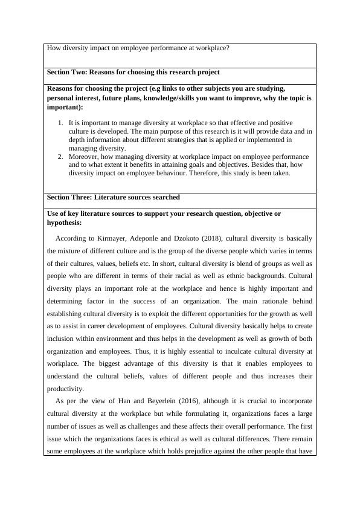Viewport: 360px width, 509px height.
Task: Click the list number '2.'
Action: coord(60,157)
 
